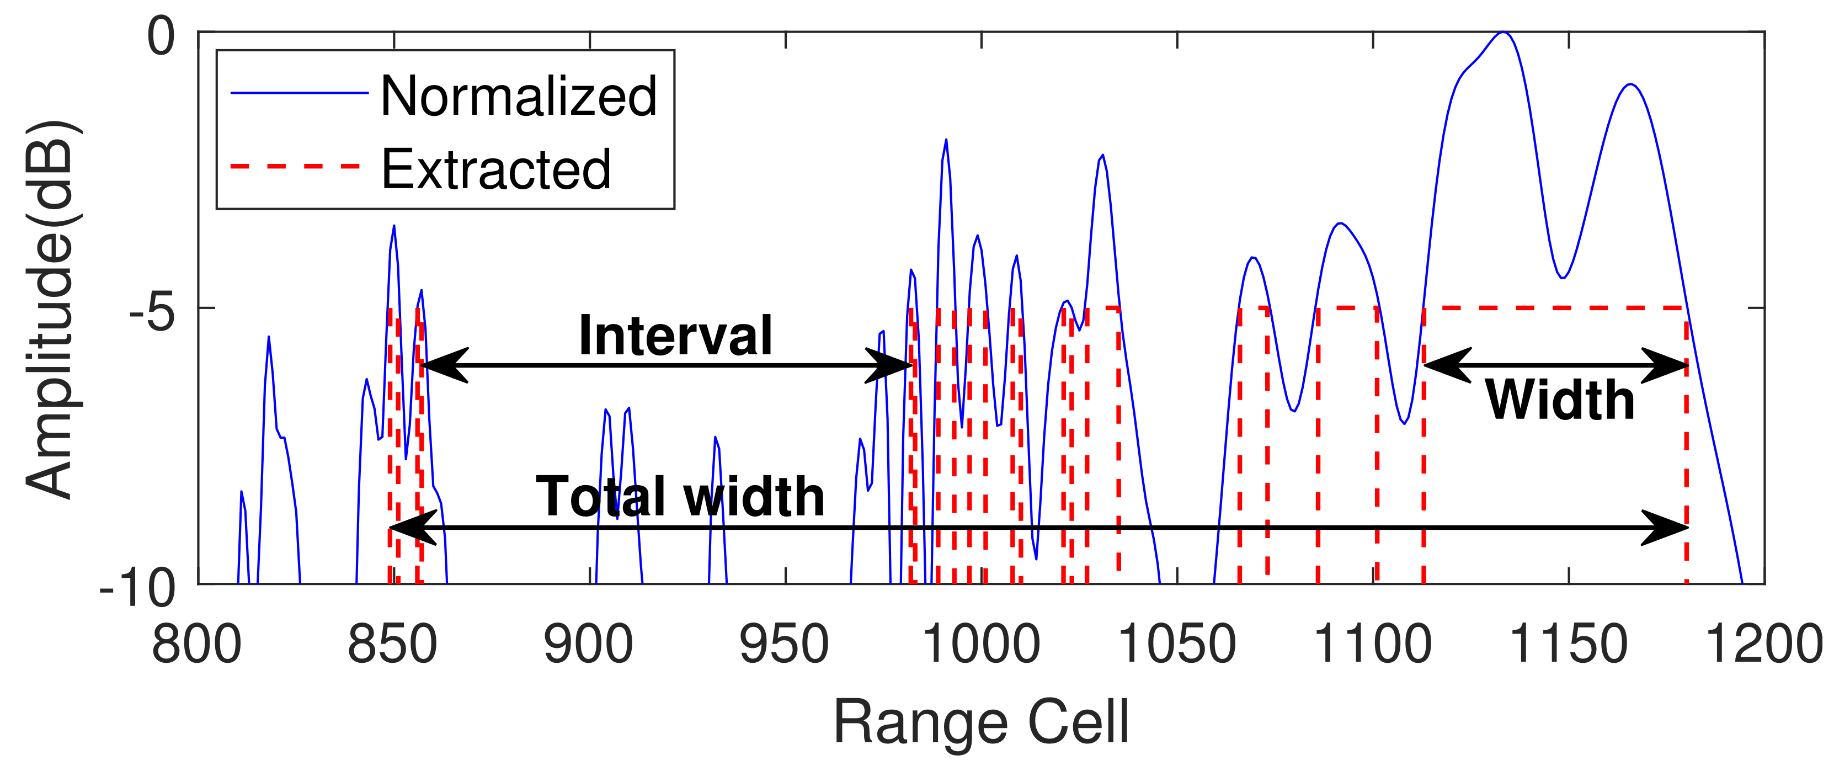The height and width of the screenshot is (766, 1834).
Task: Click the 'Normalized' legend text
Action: (x=518, y=96)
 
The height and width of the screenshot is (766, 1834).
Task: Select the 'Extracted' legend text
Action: (x=496, y=169)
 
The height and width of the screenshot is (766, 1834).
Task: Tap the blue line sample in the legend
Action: (x=299, y=93)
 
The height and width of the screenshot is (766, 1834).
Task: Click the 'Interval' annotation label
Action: (x=675, y=336)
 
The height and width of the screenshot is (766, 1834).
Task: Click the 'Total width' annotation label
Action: (x=680, y=496)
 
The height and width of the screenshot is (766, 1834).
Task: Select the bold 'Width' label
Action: (x=1559, y=400)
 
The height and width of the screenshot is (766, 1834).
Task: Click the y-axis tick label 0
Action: (x=161, y=36)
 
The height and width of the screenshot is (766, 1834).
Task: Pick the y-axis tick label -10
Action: (x=137, y=588)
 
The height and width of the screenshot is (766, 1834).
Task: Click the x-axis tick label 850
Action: (x=392, y=644)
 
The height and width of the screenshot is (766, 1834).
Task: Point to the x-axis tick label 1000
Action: (x=981, y=644)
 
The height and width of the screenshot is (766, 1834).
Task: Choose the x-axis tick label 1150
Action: (x=1569, y=644)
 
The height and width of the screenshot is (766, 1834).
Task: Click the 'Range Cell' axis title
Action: (x=981, y=722)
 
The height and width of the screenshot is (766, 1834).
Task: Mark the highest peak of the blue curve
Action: (x=1502, y=33)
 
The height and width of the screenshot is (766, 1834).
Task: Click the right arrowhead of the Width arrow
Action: (x=1670, y=366)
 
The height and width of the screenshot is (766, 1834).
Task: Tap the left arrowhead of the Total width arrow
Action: (x=409, y=528)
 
